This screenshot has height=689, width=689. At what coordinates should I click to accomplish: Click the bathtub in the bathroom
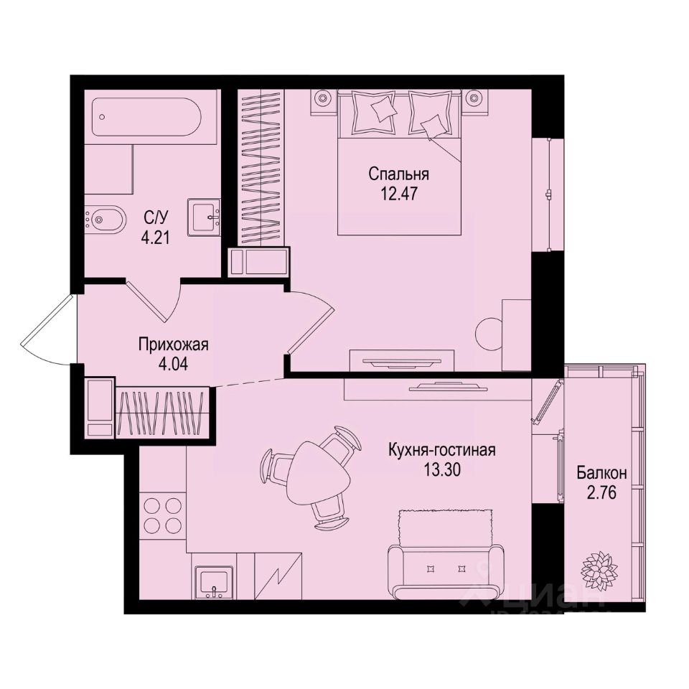point(149,118)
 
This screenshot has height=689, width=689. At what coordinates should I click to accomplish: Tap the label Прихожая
point(173,345)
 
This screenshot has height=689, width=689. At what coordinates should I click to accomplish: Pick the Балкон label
point(601,474)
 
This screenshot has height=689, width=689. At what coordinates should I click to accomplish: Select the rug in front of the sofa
point(445,528)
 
